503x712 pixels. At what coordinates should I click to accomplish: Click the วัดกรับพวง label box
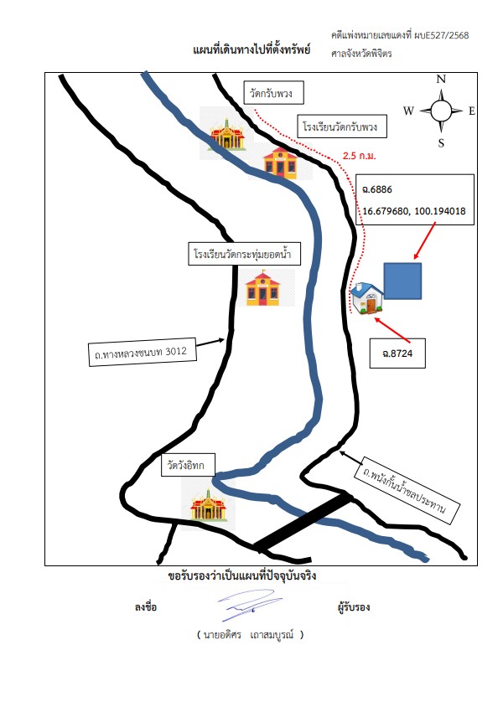click(x=273, y=93)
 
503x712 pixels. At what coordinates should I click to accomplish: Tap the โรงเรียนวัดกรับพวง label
click(x=341, y=126)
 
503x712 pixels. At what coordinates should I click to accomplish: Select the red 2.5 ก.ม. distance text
click(x=360, y=156)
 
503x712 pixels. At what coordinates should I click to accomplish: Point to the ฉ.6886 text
click(x=377, y=189)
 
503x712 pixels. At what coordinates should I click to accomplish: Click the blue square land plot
click(x=402, y=281)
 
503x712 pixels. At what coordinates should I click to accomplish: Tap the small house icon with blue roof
click(x=367, y=298)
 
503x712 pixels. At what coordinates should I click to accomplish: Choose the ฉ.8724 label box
click(x=397, y=353)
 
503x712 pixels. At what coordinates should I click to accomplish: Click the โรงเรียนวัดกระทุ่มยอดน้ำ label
click(x=245, y=253)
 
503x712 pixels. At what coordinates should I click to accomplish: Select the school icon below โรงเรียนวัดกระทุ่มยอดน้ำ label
click(x=263, y=288)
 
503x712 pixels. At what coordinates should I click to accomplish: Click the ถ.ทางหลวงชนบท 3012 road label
click(x=142, y=352)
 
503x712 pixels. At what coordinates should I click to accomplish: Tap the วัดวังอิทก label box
click(x=188, y=465)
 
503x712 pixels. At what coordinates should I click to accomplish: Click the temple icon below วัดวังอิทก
click(x=208, y=504)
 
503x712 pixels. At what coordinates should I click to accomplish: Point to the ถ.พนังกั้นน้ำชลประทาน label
click(x=407, y=492)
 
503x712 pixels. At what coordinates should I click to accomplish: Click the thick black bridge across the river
click(x=303, y=523)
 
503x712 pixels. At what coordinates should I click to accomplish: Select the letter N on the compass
click(x=441, y=79)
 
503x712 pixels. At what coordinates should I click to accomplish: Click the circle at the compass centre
click(x=441, y=111)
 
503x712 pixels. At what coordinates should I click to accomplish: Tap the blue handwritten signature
click(x=251, y=605)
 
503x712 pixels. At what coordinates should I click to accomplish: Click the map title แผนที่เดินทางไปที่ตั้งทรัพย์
click(x=251, y=49)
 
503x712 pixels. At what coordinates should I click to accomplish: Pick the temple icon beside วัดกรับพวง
click(x=226, y=134)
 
